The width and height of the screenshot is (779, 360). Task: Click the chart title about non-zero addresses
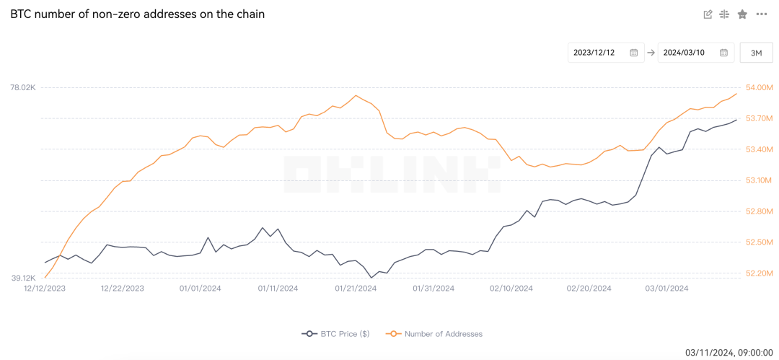tap(137, 14)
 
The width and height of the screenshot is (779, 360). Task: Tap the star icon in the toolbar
tap(742, 14)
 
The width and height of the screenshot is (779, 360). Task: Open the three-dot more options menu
tap(762, 14)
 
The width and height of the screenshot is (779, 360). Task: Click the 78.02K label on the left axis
tap(22, 87)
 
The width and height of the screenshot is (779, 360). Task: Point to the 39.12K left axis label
tap(22, 278)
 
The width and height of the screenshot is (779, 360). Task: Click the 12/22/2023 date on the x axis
tap(122, 288)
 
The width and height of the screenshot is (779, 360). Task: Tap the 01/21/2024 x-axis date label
tap(356, 288)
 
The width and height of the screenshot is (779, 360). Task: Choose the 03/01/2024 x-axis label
tap(667, 288)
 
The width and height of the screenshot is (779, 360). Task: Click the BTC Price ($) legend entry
tap(336, 334)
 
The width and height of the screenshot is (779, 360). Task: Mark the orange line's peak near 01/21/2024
tap(356, 95)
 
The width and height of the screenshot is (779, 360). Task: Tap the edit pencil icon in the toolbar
tap(708, 14)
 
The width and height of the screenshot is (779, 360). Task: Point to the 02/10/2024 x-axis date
tap(511, 288)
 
